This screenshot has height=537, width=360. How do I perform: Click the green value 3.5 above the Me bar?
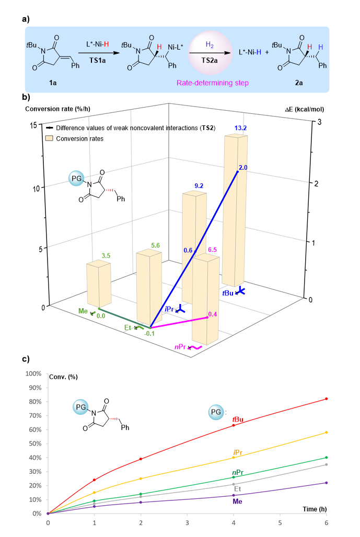click(106, 256)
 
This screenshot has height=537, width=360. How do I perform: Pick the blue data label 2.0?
click(243, 167)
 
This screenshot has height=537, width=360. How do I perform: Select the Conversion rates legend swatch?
click(50, 138)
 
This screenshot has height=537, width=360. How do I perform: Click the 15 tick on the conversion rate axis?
click(32, 126)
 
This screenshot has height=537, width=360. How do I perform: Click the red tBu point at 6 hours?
click(326, 399)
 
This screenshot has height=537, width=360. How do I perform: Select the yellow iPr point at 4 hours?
click(233, 458)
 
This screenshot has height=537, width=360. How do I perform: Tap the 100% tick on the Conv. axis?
click(33, 374)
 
